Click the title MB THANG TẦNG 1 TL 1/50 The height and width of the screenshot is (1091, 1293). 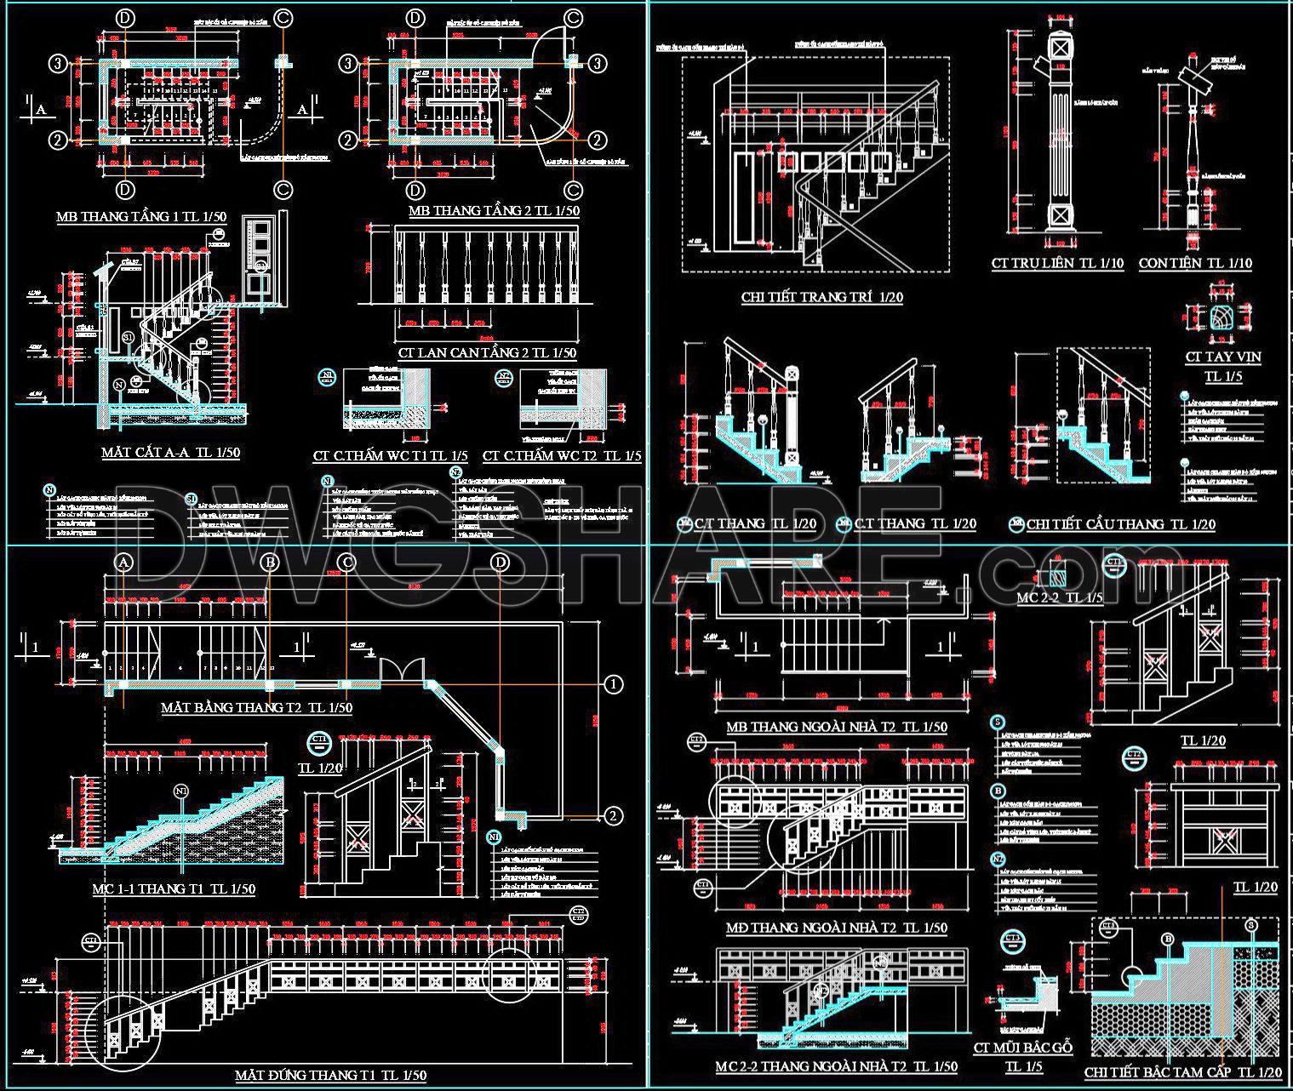point(141,216)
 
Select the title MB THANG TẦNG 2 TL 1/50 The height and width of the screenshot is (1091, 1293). point(494,210)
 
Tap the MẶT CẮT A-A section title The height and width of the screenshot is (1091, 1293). point(170,452)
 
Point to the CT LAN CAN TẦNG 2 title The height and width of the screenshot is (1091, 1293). point(486,352)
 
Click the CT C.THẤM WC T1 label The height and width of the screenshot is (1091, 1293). point(391,456)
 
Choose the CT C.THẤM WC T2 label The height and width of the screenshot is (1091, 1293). point(562,456)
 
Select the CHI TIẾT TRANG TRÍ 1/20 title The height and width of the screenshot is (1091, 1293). point(821,297)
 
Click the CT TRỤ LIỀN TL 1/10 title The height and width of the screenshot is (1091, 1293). point(1057,263)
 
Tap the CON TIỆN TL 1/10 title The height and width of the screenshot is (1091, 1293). point(1195,263)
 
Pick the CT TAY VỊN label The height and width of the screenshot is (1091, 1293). point(1223,357)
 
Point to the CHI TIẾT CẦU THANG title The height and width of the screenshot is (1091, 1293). point(1120,524)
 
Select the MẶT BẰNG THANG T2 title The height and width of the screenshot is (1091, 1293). point(256,707)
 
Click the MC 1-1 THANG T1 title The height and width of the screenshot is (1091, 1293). point(174,889)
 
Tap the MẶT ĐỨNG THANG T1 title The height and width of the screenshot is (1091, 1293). point(330,1076)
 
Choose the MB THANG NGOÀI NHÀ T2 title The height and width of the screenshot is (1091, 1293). point(836,727)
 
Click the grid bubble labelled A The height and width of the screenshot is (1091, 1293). point(124,563)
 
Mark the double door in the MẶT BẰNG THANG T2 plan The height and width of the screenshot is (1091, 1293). point(400,670)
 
